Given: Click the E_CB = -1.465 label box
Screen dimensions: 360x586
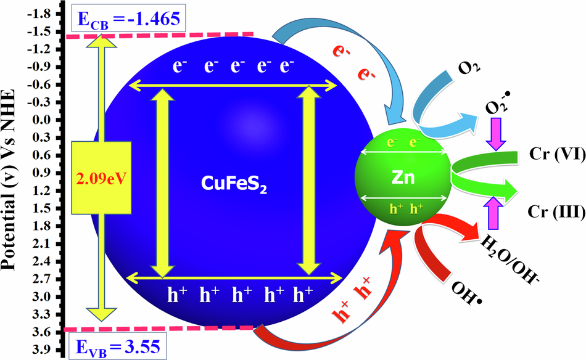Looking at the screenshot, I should click(x=129, y=19).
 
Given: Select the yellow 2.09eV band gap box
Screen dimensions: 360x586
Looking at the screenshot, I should click(x=101, y=179).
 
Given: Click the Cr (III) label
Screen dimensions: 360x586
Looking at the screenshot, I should click(x=553, y=211).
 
